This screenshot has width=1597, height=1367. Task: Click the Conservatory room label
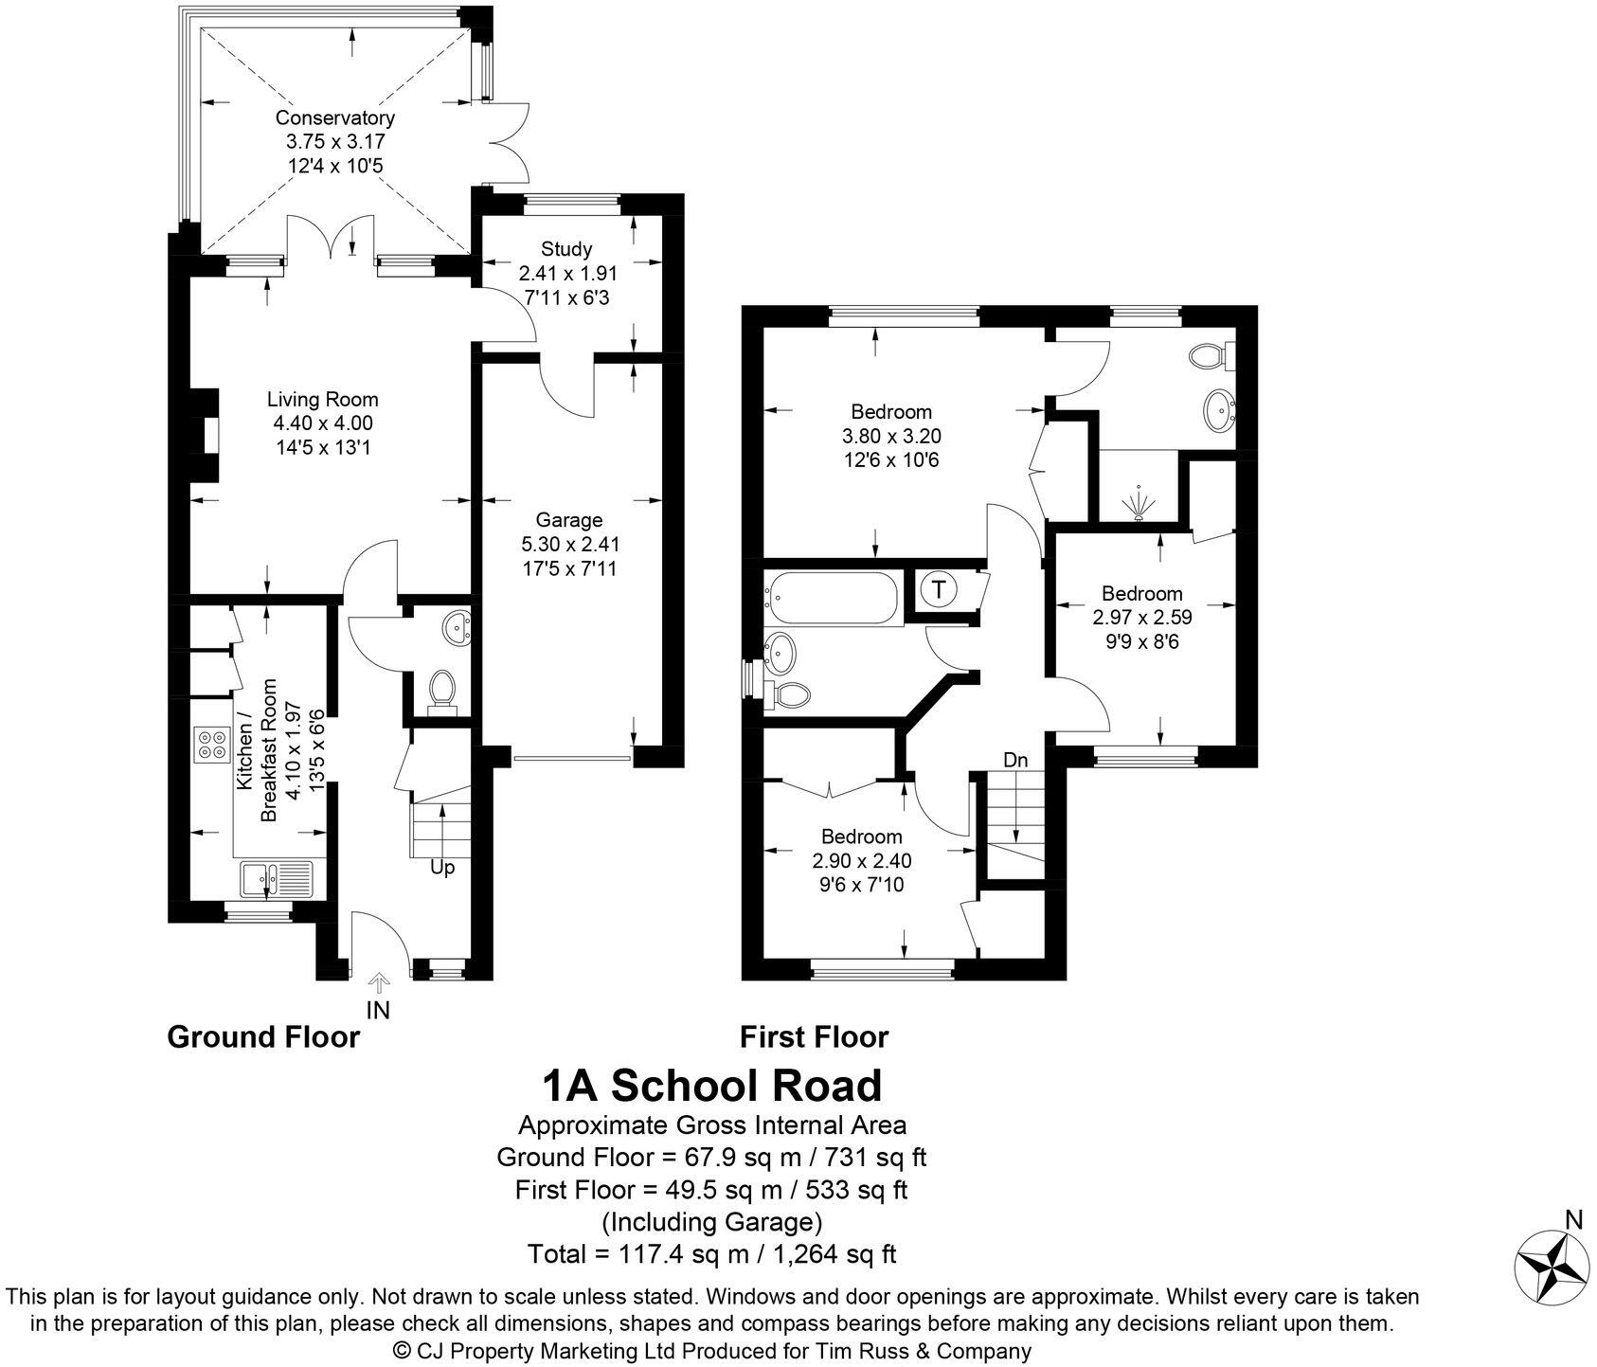click(334, 118)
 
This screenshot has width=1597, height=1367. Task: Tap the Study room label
click(566, 249)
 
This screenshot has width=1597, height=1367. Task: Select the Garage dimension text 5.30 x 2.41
click(569, 545)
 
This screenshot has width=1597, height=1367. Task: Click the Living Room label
click(322, 399)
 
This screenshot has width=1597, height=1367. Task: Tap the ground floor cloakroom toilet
click(440, 690)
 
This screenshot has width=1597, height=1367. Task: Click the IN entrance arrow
click(379, 985)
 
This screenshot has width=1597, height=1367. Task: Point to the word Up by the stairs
click(442, 867)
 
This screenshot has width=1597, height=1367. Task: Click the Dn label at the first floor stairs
click(1015, 761)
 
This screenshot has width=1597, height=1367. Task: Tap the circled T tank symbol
click(938, 589)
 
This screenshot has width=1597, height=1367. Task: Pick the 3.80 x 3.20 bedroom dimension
click(890, 437)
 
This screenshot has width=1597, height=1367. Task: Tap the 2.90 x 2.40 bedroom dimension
click(861, 861)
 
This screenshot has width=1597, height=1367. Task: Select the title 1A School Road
click(711, 1086)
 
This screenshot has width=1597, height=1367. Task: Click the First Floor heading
click(814, 1037)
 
